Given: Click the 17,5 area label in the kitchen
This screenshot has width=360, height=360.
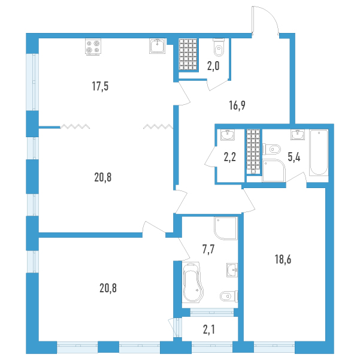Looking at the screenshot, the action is [100, 86].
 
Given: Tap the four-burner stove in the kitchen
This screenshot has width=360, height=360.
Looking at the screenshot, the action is [93, 47].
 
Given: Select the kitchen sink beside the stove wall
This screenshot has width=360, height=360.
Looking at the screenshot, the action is [158, 46].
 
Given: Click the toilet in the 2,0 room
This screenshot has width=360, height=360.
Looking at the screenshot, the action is [219, 47].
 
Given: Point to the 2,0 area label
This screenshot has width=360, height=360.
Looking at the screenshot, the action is [213, 66].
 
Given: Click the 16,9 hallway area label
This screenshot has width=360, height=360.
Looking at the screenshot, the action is [237, 105].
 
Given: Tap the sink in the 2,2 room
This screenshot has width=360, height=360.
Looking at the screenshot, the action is [228, 135].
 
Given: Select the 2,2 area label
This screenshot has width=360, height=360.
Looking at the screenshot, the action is [230, 158].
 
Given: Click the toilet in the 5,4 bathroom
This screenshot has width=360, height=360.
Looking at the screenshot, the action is [271, 150].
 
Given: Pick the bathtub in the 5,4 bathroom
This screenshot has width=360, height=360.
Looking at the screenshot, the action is [319, 153].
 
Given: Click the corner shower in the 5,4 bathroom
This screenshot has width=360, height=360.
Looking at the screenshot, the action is [274, 170].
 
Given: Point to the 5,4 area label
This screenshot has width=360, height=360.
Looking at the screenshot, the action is [294, 158].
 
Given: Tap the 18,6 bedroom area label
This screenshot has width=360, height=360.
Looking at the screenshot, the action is [283, 259].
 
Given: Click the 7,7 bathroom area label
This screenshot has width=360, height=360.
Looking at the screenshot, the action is [208, 249].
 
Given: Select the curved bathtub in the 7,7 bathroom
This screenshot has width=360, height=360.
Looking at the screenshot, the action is [193, 282].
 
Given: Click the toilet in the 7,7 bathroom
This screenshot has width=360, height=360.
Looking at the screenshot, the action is [229, 296].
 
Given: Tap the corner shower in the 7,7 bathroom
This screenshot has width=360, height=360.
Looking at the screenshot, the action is [226, 228].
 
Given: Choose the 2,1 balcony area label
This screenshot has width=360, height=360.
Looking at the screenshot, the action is [209, 329].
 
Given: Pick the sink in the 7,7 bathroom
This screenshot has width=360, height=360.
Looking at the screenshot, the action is [232, 270].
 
